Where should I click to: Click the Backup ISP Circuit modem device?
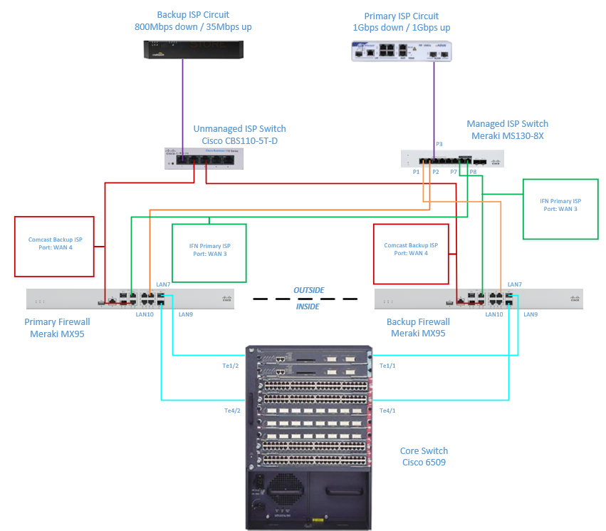tap(193, 50)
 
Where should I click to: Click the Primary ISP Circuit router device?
tap(402, 51)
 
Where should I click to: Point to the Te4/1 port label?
tap(388, 411)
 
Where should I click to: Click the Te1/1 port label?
tap(388, 366)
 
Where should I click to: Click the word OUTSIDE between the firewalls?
tap(309, 290)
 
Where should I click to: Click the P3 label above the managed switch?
tap(439, 145)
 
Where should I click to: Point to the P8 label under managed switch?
tap(473, 172)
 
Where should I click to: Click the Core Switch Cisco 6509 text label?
tap(424, 457)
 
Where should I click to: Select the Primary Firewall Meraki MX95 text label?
tap(57, 327)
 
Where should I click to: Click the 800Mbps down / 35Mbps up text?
tap(193, 27)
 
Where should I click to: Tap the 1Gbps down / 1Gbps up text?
tap(402, 27)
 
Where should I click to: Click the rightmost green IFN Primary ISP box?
tap(560, 208)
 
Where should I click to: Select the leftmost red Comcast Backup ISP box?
tap(54, 247)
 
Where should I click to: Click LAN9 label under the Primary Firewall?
tap(186, 314)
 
